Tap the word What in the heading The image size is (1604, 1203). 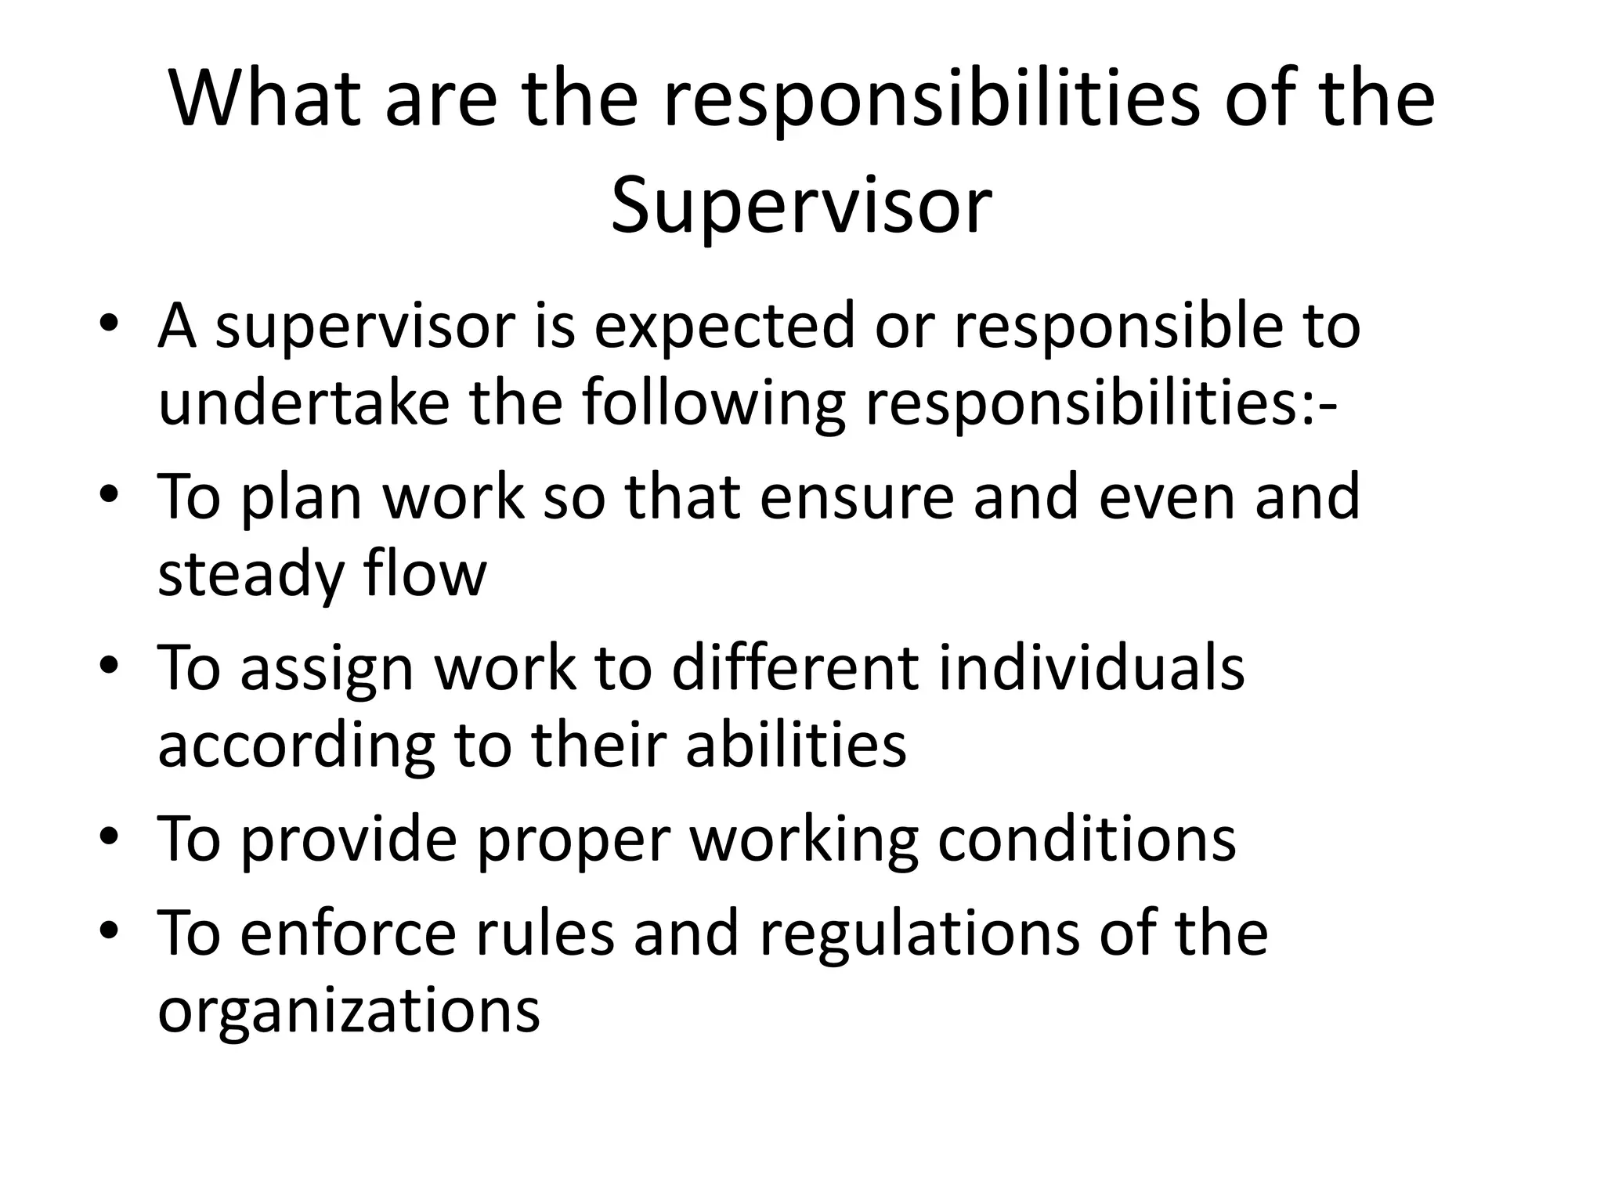pos(265,100)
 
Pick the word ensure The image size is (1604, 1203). pos(856,497)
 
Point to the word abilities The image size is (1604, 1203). pos(796,744)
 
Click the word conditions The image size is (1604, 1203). pos(1086,838)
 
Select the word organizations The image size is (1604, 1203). pos(349,1010)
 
